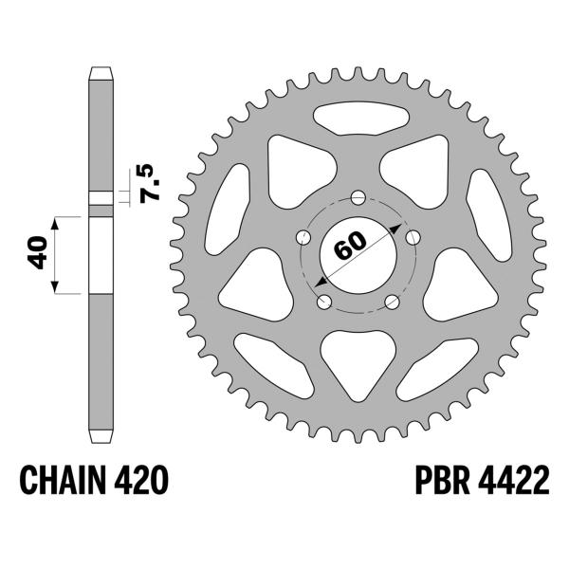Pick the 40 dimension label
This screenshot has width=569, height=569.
(39, 254)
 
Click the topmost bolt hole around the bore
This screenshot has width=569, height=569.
(358, 198)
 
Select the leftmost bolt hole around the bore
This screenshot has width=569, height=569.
(303, 237)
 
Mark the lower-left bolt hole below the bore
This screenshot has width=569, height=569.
(323, 302)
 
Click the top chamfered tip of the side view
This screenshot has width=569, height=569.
(101, 74)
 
